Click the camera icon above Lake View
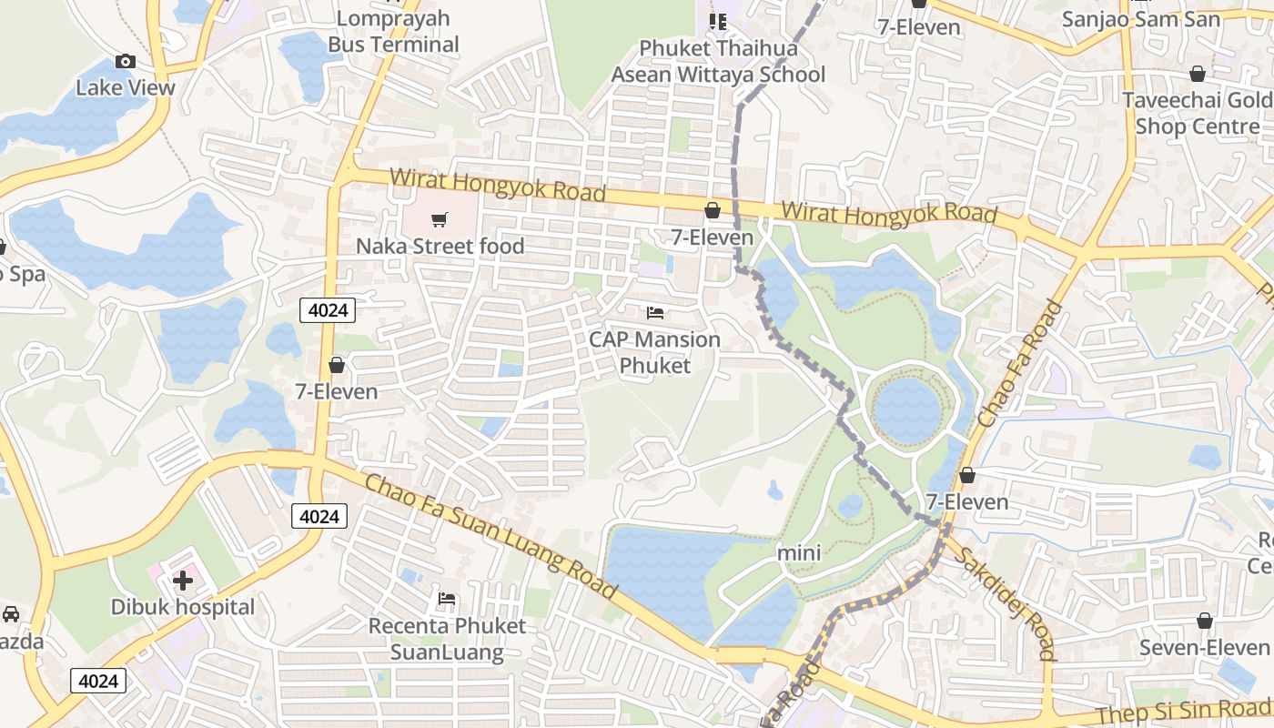pos(126,62)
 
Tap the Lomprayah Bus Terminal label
pos(393,32)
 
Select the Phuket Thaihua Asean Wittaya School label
pos(718,61)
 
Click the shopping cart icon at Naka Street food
pos(440,219)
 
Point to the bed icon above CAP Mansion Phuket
pos(655,313)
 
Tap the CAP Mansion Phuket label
pos(655,352)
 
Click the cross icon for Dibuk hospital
pos(183,580)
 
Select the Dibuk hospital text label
pos(183,607)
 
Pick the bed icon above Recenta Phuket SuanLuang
pos(447,599)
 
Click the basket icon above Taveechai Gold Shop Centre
pos(1197,74)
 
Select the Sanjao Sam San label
pos(1128,18)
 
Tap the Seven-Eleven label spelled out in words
pos(1204,647)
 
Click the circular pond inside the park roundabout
pos(907,409)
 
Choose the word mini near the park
pos(799,552)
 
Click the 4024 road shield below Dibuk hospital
pos(98,681)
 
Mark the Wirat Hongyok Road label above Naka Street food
pos(498,186)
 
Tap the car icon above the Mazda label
pos(11,614)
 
